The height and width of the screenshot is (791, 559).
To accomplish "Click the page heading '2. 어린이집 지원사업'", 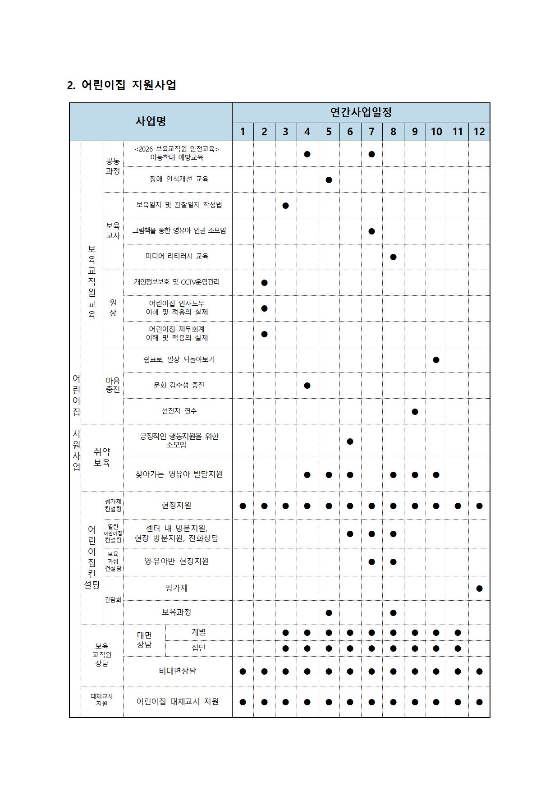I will point(121,85).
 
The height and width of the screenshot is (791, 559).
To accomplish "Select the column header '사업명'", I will point(151,121).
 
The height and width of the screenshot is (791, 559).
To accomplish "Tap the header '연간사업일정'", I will point(361,112).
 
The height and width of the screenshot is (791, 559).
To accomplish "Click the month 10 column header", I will point(436,132).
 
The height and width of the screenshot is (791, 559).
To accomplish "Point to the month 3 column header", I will point(285,132).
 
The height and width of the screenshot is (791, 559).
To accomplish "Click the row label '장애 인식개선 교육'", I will point(179,179).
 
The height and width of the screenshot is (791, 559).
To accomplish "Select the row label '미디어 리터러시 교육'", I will point(177,256).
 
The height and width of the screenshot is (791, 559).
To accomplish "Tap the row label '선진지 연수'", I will point(179,411).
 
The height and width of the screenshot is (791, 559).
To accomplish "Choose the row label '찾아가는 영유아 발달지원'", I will point(179,474).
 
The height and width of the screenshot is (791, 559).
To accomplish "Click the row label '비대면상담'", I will point(177,671).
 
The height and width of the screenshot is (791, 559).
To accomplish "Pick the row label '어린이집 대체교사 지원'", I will point(178,702).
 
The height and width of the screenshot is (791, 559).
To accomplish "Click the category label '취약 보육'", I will point(102,457).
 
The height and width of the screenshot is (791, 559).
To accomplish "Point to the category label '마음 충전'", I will point(113,385).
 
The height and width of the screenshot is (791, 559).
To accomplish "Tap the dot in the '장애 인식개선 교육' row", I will point(329,180).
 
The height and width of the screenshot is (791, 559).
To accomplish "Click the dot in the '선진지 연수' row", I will point(415,412).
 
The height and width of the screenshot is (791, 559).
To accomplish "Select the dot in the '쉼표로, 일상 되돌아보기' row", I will point(436,360).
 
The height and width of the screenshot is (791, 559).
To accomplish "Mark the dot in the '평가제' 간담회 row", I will point(479,589).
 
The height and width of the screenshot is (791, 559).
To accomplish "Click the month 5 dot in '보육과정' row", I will point(329,613).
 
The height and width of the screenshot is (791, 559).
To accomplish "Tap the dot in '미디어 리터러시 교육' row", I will point(393,257).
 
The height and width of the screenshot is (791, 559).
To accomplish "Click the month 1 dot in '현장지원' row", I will point(243,506).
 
